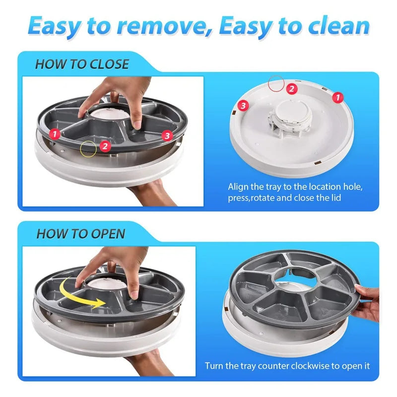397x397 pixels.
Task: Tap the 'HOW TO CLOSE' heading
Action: tap(82, 64)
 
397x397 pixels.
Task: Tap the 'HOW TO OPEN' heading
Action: tap(81, 234)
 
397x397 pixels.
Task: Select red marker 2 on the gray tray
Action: tap(104, 145)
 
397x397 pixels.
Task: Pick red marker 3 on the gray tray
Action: tap(167, 134)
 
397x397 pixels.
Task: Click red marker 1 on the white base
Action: tap(337, 98)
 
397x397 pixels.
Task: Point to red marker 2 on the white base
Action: tap(292, 89)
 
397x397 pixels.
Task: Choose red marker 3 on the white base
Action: tap(243, 105)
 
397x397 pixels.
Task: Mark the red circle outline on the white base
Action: tap(276, 82)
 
